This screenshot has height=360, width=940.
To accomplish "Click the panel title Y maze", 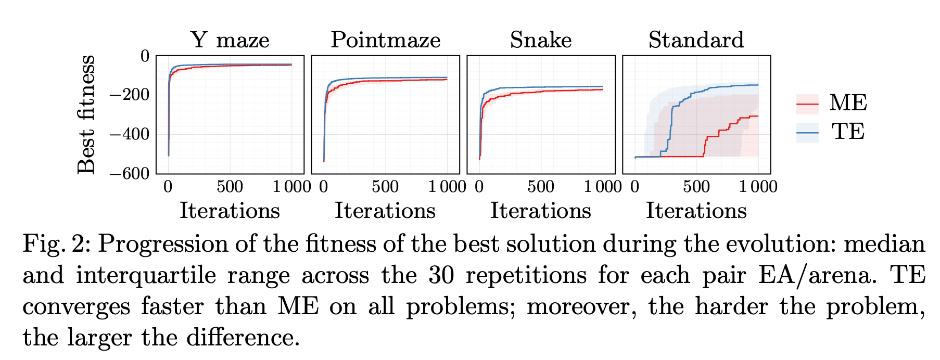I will [x=230, y=40].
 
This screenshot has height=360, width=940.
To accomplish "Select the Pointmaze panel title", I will [x=385, y=40].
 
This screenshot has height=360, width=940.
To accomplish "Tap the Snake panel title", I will [x=540, y=40].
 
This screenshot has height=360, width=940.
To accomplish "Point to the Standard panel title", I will [x=696, y=40].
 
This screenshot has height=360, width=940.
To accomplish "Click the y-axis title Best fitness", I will [x=86, y=114].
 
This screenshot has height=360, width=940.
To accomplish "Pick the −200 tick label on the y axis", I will [x=130, y=95].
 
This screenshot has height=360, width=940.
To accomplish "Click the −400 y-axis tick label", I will [x=130, y=134].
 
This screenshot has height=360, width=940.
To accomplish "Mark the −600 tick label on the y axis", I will [x=130, y=173].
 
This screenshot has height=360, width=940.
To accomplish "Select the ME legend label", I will [x=848, y=103].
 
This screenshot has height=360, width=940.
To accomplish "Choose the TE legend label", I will [x=848, y=131].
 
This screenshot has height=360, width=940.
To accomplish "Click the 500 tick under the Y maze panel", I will [x=230, y=186].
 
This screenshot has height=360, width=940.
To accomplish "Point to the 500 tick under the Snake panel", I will [x=540, y=186].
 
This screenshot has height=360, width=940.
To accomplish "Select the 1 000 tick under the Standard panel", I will [x=758, y=186].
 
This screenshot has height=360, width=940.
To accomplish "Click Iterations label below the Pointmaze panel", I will [x=385, y=211].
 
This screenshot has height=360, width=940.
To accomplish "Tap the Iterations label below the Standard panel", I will [x=696, y=211].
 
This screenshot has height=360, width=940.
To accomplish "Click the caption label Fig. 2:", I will [x=57, y=243].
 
